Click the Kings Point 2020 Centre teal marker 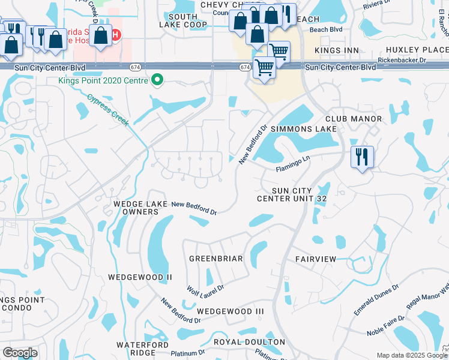158,80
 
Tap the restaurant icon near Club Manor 362,157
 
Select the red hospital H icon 116,34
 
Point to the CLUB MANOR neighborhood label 354,119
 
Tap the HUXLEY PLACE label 418,50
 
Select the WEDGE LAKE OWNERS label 140,208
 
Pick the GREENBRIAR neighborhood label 215,259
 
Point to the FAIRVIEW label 316,259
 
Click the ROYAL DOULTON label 249,342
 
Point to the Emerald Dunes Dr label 376,300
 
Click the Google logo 20,353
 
